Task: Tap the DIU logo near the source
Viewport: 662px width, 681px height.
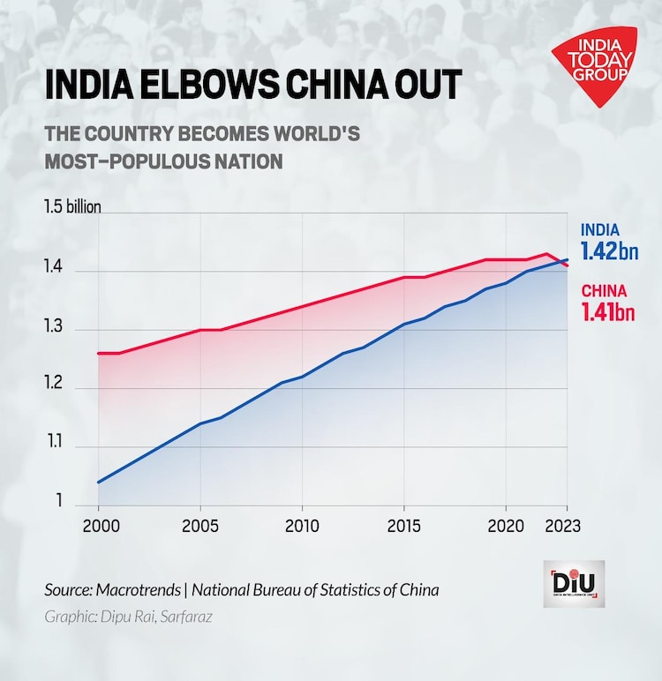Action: tap(574, 583)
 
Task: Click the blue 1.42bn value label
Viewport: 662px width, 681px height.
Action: tap(608, 252)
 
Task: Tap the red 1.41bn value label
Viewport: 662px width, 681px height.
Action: tap(607, 311)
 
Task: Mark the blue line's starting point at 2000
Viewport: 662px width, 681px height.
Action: tap(98, 483)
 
